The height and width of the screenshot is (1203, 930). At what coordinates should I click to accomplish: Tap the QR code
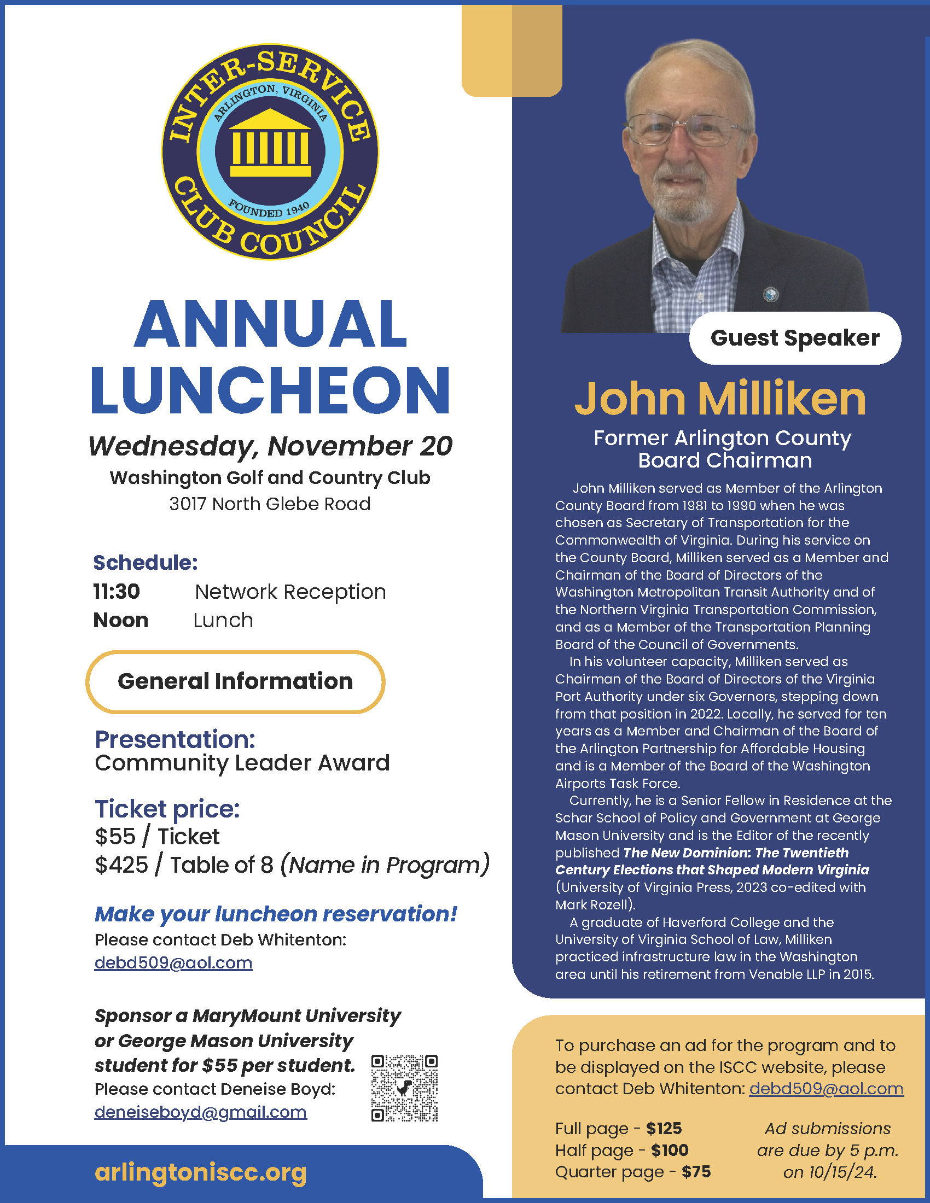coord(404,1088)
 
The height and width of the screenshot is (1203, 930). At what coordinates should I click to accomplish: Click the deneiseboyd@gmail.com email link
coord(201,1112)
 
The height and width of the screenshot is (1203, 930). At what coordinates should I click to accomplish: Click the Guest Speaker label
coord(794,337)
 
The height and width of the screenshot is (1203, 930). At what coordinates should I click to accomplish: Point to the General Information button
coord(235,681)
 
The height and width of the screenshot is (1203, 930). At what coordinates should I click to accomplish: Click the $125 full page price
coord(664,1129)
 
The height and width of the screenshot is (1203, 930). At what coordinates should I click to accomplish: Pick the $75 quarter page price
coord(696,1172)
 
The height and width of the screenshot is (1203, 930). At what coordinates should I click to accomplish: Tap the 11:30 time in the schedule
coord(116,592)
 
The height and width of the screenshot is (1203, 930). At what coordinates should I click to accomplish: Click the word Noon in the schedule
coord(121,620)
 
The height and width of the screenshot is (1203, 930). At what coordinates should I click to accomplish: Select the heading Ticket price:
coord(167,809)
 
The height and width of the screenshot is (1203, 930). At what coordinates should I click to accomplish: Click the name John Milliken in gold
coord(720,398)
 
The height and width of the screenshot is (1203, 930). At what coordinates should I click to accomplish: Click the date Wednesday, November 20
coord(270,446)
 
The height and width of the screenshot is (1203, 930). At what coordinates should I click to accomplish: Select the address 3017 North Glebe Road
coord(270,504)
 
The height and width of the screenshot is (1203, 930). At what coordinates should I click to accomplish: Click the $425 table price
coord(121,866)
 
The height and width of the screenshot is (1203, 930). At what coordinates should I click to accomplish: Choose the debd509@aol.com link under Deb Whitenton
coord(173,963)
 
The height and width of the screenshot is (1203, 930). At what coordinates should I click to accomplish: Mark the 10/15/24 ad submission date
coord(842,1172)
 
